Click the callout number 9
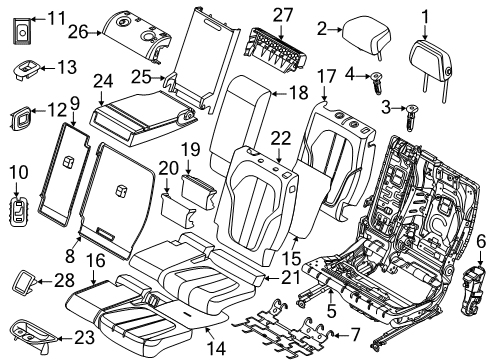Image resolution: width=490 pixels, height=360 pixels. tap(74, 102)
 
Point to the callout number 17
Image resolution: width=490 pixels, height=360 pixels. tap(327, 76)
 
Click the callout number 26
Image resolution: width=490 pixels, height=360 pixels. tap(76, 32)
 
